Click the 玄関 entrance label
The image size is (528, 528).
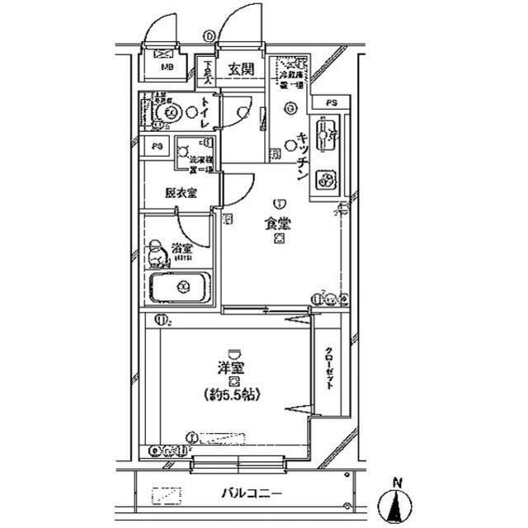point(241,68)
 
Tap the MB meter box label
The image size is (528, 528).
point(167,68)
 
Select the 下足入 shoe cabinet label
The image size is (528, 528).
point(209,74)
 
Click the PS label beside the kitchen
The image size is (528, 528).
point(331,102)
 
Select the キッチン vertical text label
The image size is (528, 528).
point(303,156)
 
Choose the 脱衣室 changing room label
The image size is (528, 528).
point(180,193)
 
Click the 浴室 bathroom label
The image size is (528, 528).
point(181,247)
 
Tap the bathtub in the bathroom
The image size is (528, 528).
point(180,288)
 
